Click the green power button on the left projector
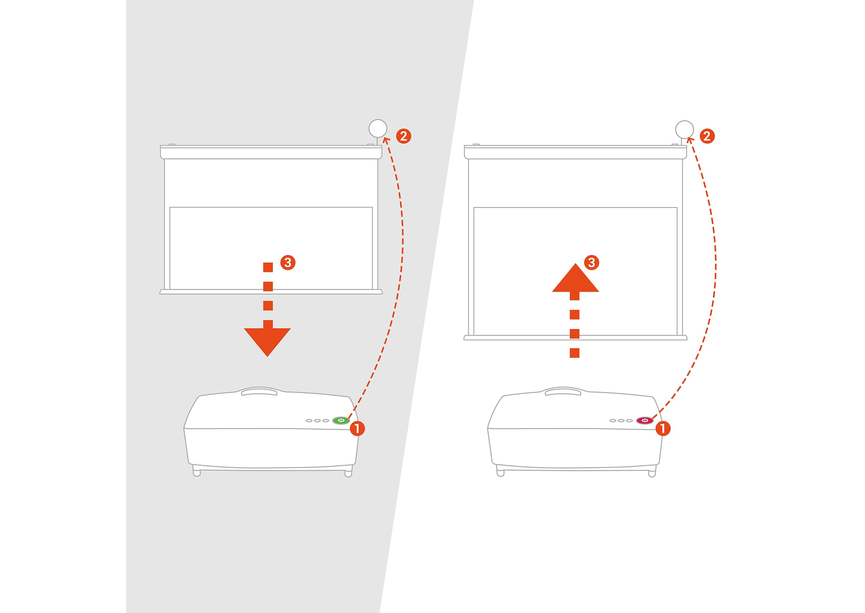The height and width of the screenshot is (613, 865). (341, 420)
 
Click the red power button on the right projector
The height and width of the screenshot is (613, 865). (645, 420)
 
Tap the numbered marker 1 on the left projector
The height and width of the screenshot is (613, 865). (357, 428)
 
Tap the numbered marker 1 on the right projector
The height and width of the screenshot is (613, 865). (663, 428)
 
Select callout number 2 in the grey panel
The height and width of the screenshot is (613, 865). (403, 136)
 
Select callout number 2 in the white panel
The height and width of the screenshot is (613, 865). (707, 136)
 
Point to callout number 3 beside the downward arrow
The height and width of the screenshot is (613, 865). (288, 263)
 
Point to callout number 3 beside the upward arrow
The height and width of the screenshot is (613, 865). (591, 263)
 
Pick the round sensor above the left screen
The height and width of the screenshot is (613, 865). (378, 129)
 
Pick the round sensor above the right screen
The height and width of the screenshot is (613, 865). (684, 130)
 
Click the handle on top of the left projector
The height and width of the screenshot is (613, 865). (259, 393)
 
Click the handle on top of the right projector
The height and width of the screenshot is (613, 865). (563, 393)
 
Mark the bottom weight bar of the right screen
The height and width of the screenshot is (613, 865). (575, 338)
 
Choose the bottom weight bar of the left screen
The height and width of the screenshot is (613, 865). (271, 292)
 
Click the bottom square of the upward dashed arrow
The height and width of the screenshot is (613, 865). (575, 353)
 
